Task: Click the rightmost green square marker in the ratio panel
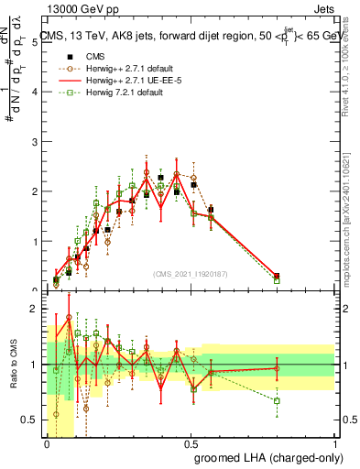point(277,400)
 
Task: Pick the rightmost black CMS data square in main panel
point(277,276)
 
